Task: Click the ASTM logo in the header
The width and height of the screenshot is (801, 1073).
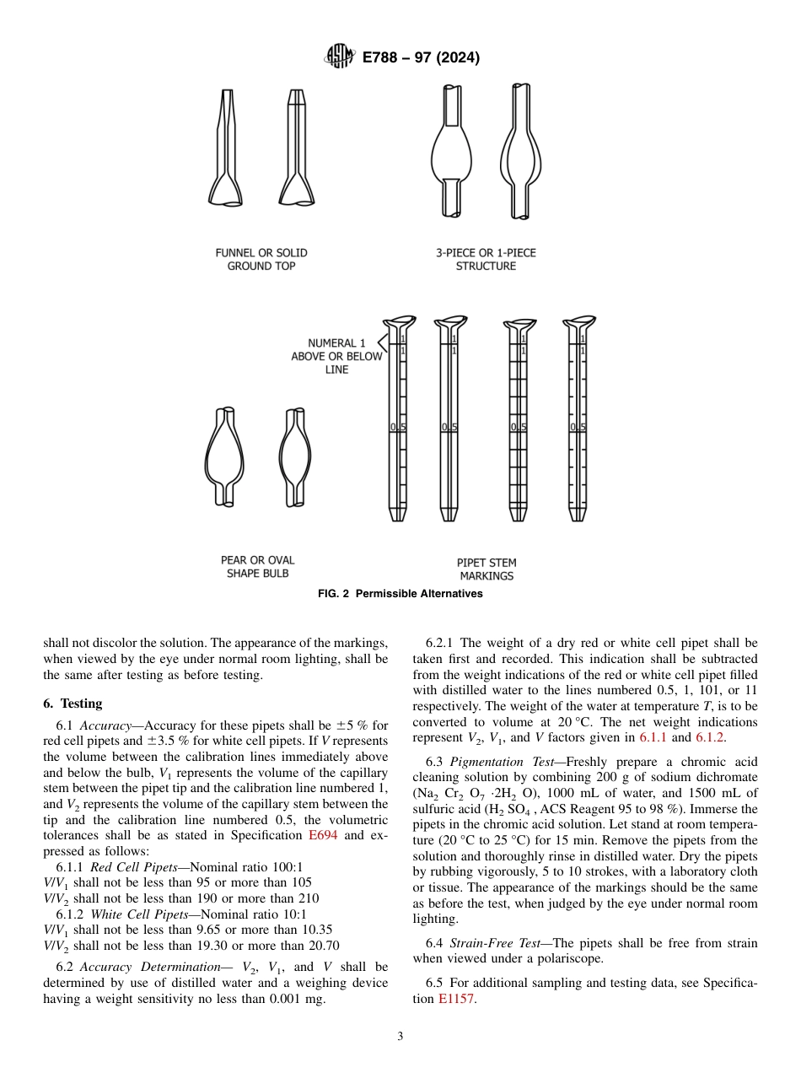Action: [340, 57]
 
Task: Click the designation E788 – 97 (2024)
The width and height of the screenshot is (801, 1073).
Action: [420, 58]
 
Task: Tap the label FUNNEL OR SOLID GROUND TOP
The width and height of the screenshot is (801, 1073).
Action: [261, 259]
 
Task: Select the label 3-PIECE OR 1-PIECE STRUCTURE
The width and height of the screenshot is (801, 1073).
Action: [486, 259]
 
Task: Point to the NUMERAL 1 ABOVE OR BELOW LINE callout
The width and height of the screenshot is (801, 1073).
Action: [336, 356]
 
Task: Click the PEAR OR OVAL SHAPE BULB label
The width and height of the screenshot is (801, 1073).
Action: [258, 567]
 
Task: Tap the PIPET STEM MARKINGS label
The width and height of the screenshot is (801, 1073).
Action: [487, 569]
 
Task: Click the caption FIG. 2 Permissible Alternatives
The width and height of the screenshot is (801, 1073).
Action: [400, 594]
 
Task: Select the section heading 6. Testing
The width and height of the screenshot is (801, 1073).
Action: [73, 704]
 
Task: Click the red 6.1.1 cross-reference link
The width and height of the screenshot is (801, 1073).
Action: [653, 737]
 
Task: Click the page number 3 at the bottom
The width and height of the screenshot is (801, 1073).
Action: [400, 1037]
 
